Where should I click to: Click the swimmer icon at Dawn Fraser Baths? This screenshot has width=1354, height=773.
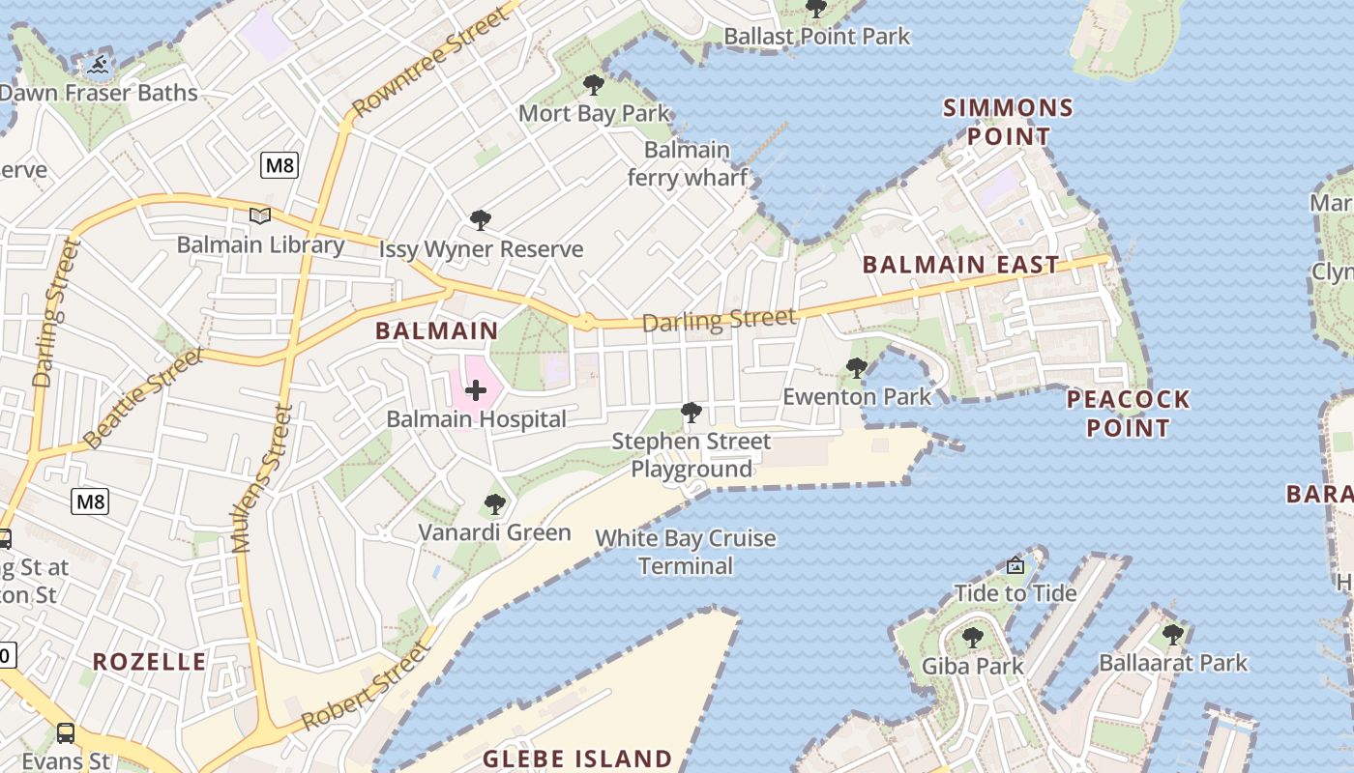pyautogui.click(x=98, y=66)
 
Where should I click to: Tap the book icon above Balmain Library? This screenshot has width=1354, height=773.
pyautogui.click(x=259, y=216)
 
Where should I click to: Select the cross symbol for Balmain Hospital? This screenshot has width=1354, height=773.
pyautogui.click(x=476, y=390)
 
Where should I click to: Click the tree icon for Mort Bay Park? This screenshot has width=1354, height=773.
pyautogui.click(x=594, y=85)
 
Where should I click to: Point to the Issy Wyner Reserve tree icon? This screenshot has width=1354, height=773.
pyautogui.click(x=480, y=220)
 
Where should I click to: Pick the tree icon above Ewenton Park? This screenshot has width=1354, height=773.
pyautogui.click(x=856, y=367)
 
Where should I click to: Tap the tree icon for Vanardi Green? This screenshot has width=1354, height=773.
pyautogui.click(x=494, y=503)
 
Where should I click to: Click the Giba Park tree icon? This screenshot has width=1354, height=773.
pyautogui.click(x=972, y=638)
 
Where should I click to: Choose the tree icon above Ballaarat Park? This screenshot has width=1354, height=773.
pyautogui.click(x=1173, y=635)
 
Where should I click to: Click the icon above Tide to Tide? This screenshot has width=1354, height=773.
pyautogui.click(x=1015, y=565)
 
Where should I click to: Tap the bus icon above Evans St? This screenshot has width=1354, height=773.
pyautogui.click(x=66, y=732)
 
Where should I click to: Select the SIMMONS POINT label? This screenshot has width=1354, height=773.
pyautogui.click(x=1009, y=122)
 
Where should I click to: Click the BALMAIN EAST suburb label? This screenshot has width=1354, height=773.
pyautogui.click(x=960, y=265)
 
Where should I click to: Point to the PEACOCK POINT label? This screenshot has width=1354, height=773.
pyautogui.click(x=1128, y=413)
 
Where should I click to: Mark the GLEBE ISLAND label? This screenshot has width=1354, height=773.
pyautogui.click(x=577, y=759)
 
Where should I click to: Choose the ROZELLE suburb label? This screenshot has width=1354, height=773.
pyautogui.click(x=150, y=662)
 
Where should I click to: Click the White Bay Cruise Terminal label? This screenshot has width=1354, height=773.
pyautogui.click(x=686, y=552)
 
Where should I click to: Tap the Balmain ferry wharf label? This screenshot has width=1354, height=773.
pyautogui.click(x=687, y=163)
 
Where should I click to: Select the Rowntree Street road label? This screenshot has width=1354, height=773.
pyautogui.click(x=430, y=63)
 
